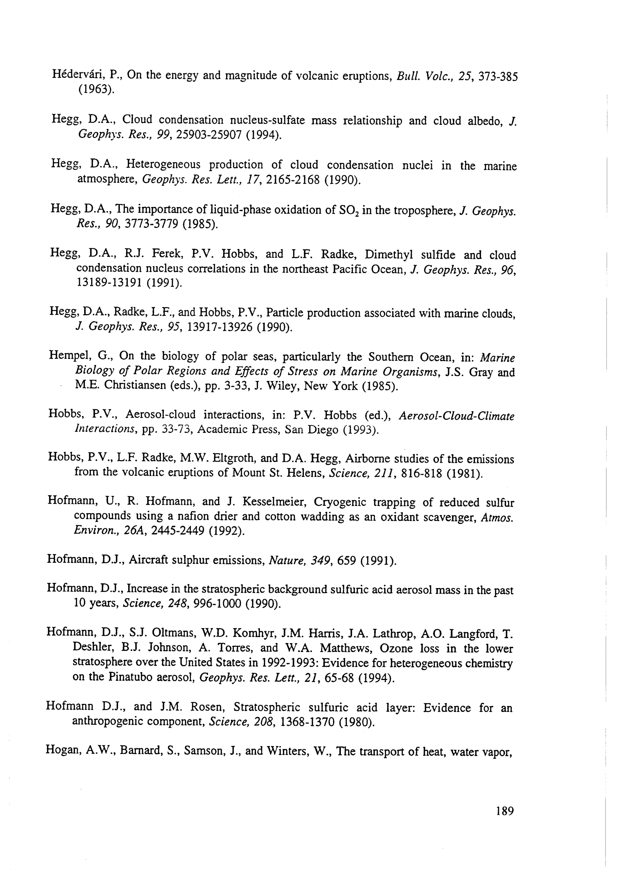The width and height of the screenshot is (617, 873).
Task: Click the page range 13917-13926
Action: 214,327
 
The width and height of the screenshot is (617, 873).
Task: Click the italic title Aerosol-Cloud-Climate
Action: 456,416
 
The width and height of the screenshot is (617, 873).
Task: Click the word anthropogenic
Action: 107,721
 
